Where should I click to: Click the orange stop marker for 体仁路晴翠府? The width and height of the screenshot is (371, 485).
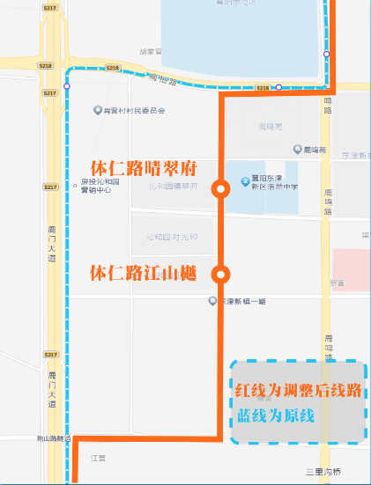[220, 187]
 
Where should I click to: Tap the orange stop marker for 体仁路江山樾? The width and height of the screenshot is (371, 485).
[220, 274]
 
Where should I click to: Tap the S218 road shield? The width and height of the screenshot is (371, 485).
[46, 67]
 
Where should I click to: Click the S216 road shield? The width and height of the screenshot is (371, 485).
[263, 88]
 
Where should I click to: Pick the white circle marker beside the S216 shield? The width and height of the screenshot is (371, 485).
[278, 87]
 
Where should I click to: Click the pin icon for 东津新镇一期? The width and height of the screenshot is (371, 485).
[212, 301]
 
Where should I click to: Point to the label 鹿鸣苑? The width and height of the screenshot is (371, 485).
[315, 151]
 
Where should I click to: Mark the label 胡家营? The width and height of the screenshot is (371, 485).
[152, 52]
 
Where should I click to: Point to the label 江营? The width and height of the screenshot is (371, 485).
[97, 458]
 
